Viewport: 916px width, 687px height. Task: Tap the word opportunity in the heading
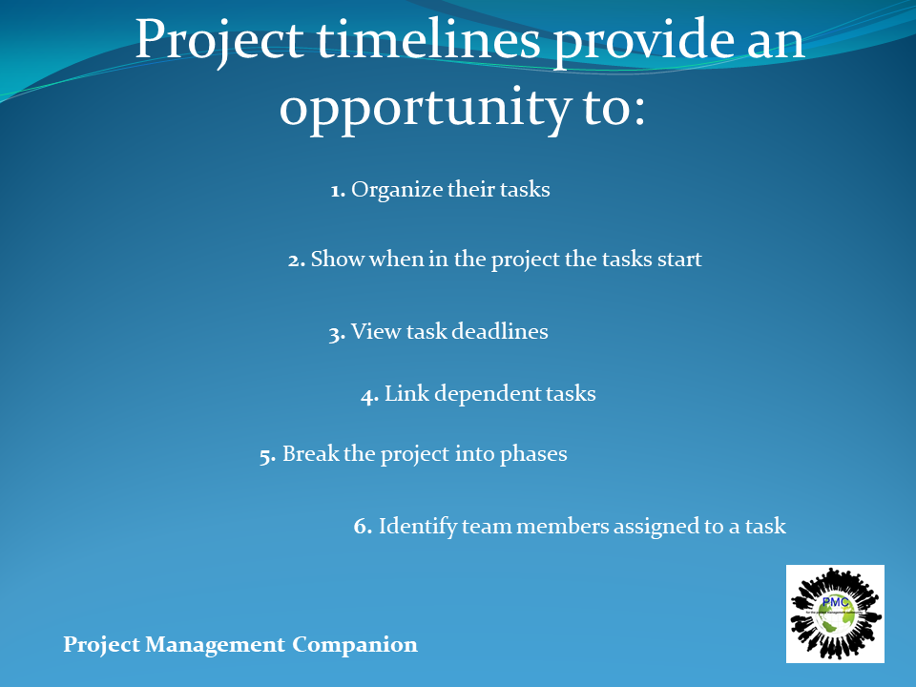426,109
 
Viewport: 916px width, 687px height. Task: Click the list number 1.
338,191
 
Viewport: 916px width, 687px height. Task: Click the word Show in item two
337,259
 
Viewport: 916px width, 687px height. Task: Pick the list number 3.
337,334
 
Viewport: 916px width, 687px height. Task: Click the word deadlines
500,331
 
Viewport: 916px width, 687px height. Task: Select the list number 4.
370,396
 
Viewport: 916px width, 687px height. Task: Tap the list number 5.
267,456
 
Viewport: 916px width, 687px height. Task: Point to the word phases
533,454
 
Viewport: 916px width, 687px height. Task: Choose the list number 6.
363,526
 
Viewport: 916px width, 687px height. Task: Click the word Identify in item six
418,527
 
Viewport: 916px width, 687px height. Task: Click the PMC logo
835,614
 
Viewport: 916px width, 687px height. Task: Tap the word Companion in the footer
355,645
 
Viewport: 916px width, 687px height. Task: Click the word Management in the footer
215,645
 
